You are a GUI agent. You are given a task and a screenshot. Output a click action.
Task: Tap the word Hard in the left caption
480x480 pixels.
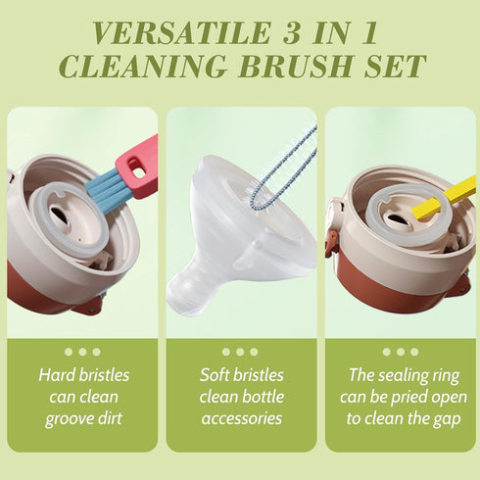point(57,375)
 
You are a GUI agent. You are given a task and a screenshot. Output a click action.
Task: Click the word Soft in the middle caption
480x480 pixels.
point(217,375)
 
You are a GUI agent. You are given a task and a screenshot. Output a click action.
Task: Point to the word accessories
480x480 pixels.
point(240,418)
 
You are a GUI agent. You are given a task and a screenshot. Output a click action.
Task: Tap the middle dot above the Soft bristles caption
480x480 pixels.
point(240,352)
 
